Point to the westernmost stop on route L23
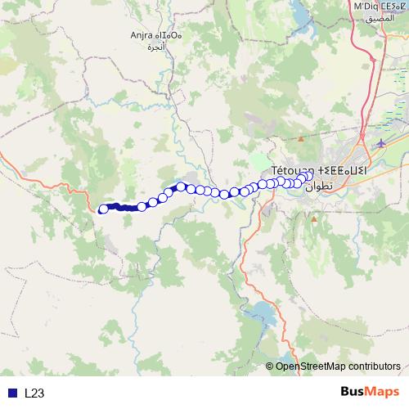coord(103,209)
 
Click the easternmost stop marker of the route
coord(309,174)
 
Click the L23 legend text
coord(34,393)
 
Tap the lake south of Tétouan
coord(263,313)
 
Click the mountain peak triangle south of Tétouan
coord(313,219)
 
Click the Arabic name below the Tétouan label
coord(319,186)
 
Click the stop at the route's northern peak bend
coord(181,187)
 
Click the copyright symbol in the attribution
coord(270,366)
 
